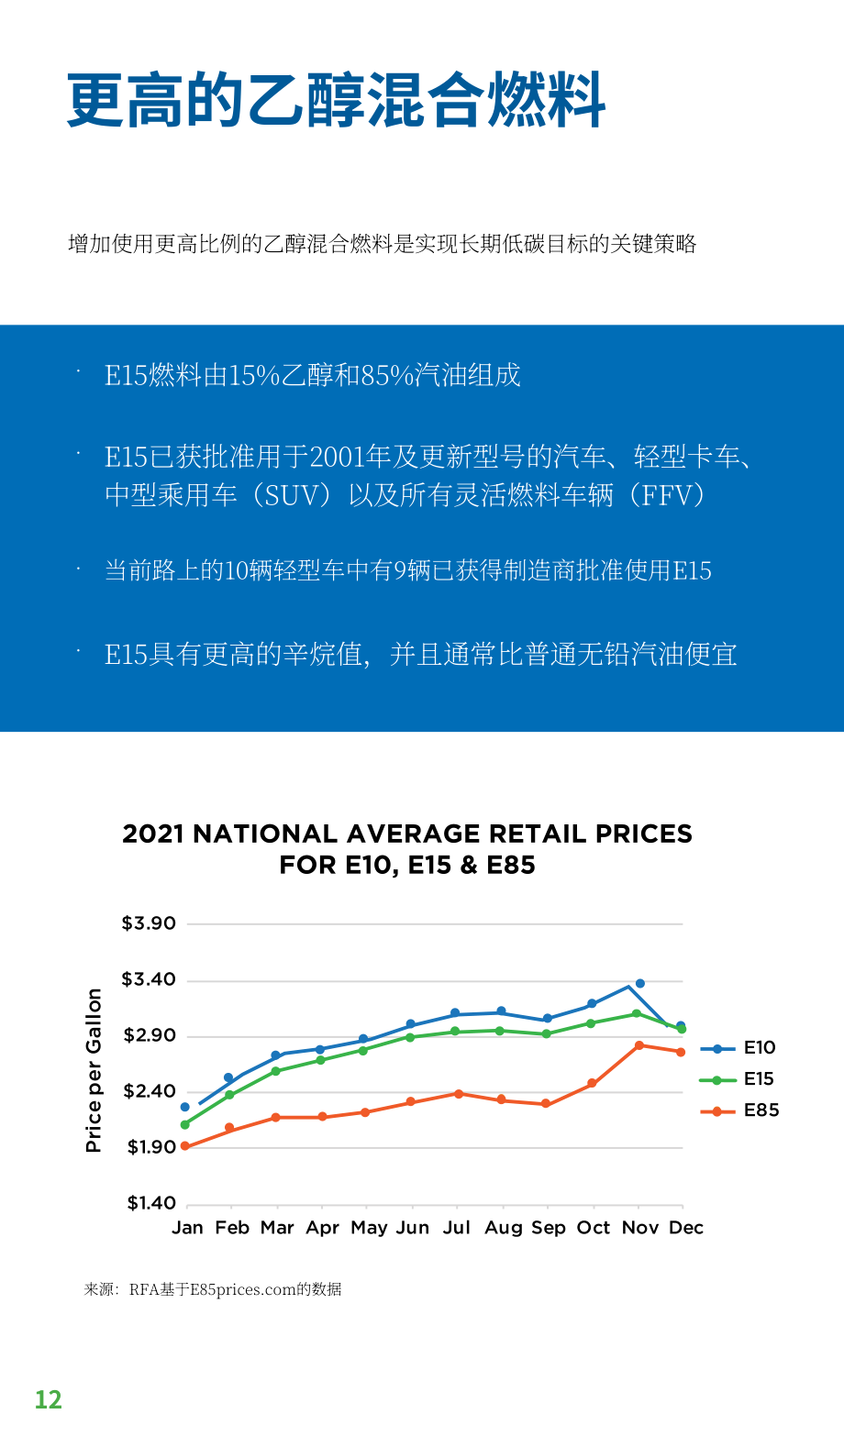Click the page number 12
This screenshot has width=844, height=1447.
click(49, 1400)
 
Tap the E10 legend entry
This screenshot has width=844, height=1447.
click(738, 1048)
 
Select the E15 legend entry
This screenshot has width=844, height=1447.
click(738, 1078)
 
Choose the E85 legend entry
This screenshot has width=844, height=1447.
click(740, 1110)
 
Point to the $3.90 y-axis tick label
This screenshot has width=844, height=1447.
click(149, 923)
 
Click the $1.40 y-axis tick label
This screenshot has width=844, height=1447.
click(151, 1203)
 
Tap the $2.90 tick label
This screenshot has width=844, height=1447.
click(150, 1035)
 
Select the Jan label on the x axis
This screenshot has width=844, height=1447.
click(187, 1227)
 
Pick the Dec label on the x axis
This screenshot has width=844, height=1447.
click(686, 1227)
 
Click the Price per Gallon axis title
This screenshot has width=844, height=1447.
click(94, 1070)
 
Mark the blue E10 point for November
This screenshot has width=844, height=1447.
click(639, 983)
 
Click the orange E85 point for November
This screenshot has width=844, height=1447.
click(639, 1045)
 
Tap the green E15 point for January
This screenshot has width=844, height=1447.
click(184, 1124)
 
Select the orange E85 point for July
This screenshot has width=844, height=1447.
click(459, 1094)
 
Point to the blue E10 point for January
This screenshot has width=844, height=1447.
click(184, 1107)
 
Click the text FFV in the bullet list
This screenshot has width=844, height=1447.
click(668, 496)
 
